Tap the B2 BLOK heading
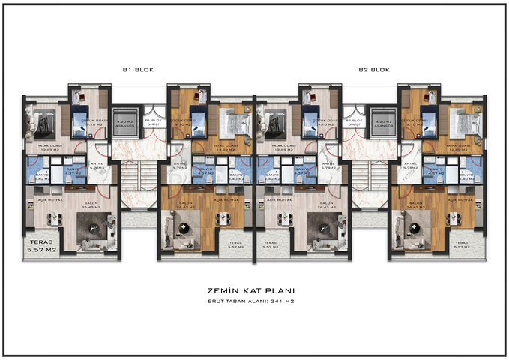click(373, 70)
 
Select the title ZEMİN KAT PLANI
click(254, 290)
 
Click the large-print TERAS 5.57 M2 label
click(41, 246)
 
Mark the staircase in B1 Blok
click(139, 180)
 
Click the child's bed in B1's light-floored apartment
click(81, 120)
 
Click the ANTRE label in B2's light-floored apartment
click(327, 163)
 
